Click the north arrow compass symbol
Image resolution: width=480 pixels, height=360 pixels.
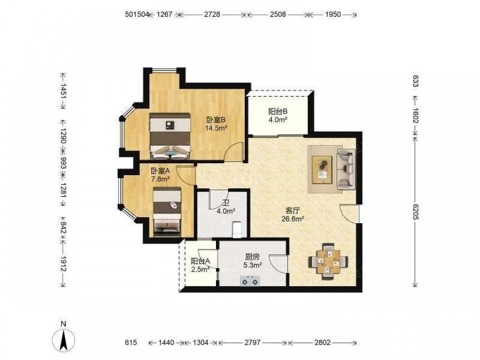point(63,340)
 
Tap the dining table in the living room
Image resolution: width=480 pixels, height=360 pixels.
point(328,261)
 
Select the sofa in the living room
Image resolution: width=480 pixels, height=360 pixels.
point(346,168)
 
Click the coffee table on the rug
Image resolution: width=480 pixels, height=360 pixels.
point(322,169)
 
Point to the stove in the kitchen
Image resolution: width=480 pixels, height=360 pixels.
point(250,280)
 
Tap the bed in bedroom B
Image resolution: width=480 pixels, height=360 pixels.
point(170,136)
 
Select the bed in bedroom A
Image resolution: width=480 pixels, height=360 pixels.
point(167,212)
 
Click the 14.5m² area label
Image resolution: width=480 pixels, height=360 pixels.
point(216,128)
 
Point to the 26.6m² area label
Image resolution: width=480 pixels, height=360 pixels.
point(293,218)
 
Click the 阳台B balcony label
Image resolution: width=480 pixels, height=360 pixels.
point(277,112)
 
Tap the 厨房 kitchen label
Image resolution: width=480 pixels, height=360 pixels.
point(252,257)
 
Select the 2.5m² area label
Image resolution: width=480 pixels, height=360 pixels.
point(200,269)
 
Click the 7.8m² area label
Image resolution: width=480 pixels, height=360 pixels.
point(160,179)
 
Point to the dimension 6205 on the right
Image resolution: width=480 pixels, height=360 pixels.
point(415,212)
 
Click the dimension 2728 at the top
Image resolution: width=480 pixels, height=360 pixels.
point(212,14)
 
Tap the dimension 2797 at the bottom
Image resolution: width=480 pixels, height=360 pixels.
point(252,342)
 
